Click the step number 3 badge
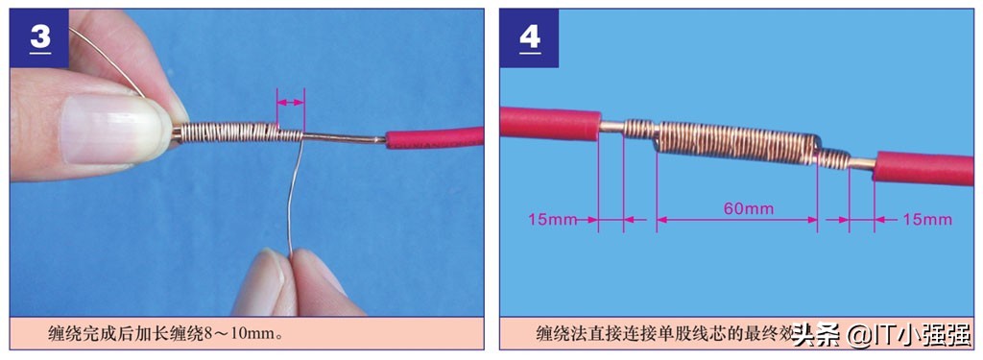click(40, 38)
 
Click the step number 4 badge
click(529, 38)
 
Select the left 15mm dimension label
click(552, 220)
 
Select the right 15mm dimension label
click(927, 220)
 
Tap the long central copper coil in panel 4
click(735, 144)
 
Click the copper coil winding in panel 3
click(230, 132)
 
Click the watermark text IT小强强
click(921, 335)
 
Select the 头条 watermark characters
click(815, 335)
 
